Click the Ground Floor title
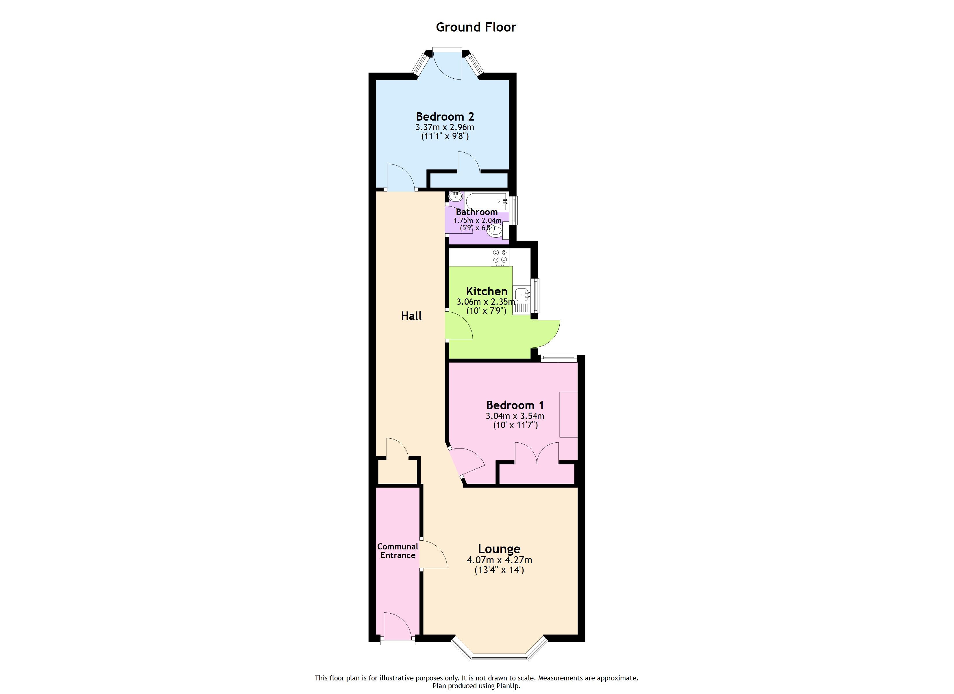click(x=476, y=27)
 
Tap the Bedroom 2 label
click(x=445, y=116)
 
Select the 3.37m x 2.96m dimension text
click(x=445, y=127)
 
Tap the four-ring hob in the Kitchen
click(x=500, y=257)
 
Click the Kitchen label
click(x=487, y=291)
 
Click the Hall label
click(x=411, y=316)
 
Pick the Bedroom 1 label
click(x=515, y=405)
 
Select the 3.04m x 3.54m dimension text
click(x=515, y=416)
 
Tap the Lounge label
click(x=499, y=549)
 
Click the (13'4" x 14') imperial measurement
click(x=499, y=570)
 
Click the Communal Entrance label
click(x=397, y=551)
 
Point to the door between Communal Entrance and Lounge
click(x=432, y=554)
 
